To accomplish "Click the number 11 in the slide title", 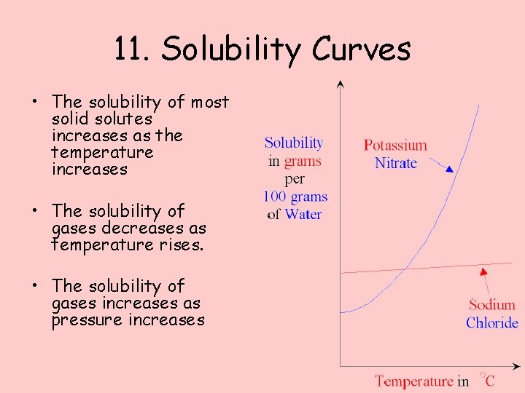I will coord(131,49).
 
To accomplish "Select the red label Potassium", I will coord(395,145).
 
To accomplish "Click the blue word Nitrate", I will coord(396,162).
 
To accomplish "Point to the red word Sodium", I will coord(491,305).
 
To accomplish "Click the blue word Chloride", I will coord(492,322).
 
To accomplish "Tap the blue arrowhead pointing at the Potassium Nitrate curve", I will coord(449,169).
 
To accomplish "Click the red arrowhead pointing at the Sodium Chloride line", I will coord(483,272).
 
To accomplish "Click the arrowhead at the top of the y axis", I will coord(340,83).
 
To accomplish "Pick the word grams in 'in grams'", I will coord(303,161).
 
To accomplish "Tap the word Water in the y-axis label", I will coord(303,214).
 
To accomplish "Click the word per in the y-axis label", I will coord(295,179).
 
